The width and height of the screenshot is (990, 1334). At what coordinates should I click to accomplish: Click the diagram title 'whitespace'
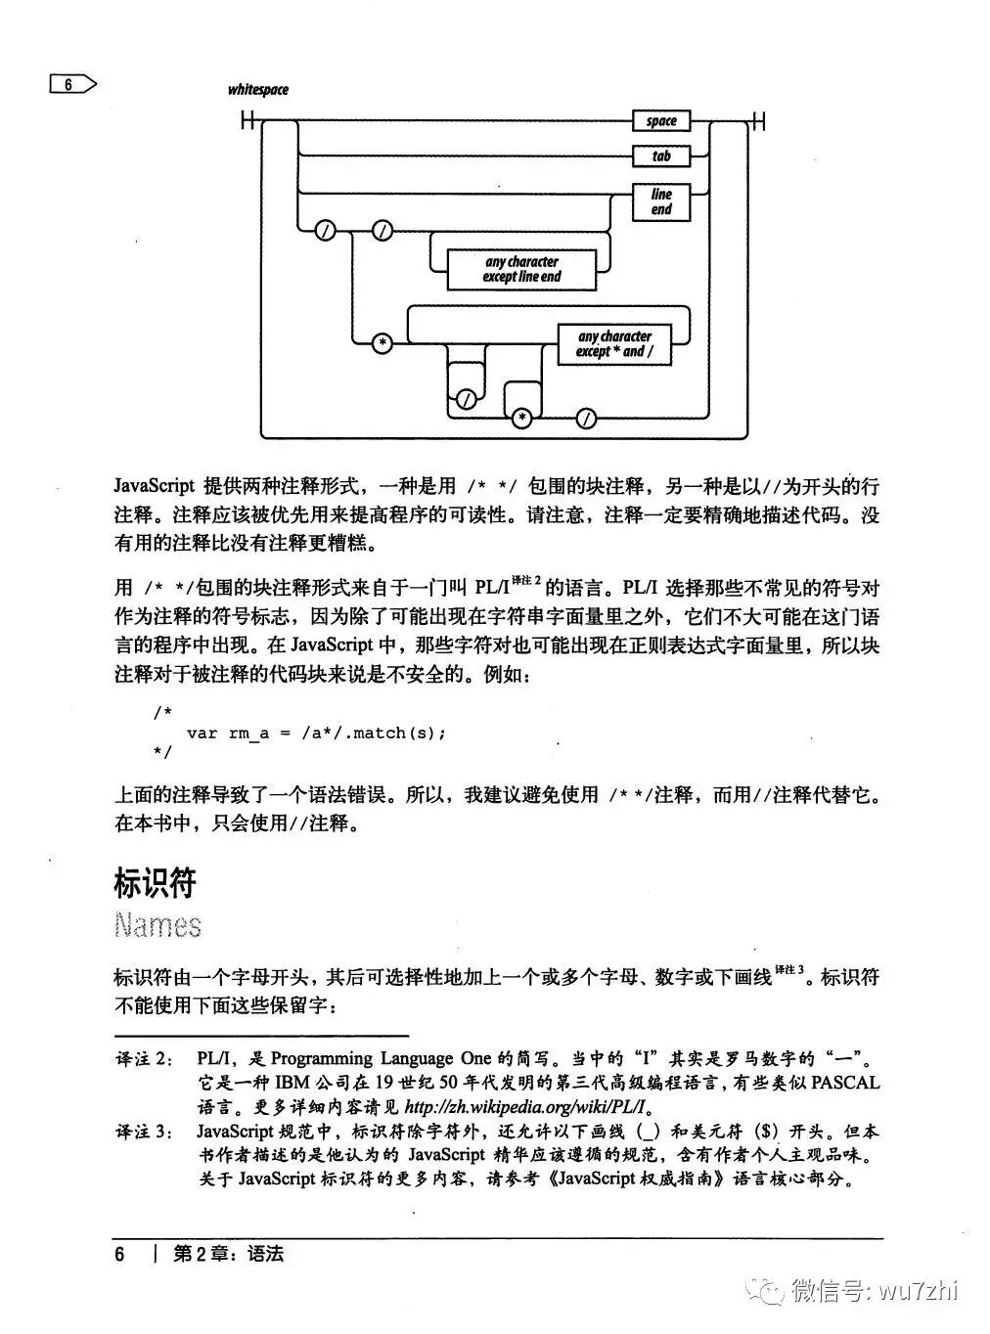258,90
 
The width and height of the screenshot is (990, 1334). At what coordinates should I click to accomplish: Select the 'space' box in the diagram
661,121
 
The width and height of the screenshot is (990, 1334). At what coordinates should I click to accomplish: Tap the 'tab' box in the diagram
661,156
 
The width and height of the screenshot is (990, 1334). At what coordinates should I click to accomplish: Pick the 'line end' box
661,201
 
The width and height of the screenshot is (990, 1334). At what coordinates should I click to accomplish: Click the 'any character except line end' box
521,269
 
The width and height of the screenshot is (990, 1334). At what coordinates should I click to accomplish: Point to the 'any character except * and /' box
614,343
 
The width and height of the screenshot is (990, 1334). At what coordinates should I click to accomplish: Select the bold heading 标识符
156,883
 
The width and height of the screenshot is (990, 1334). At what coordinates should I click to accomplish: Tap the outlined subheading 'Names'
157,925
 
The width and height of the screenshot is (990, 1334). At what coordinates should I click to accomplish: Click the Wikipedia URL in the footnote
527,1107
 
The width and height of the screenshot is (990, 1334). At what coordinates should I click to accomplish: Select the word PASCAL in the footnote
845,1084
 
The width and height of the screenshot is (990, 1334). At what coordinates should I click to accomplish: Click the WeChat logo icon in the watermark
767,1290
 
